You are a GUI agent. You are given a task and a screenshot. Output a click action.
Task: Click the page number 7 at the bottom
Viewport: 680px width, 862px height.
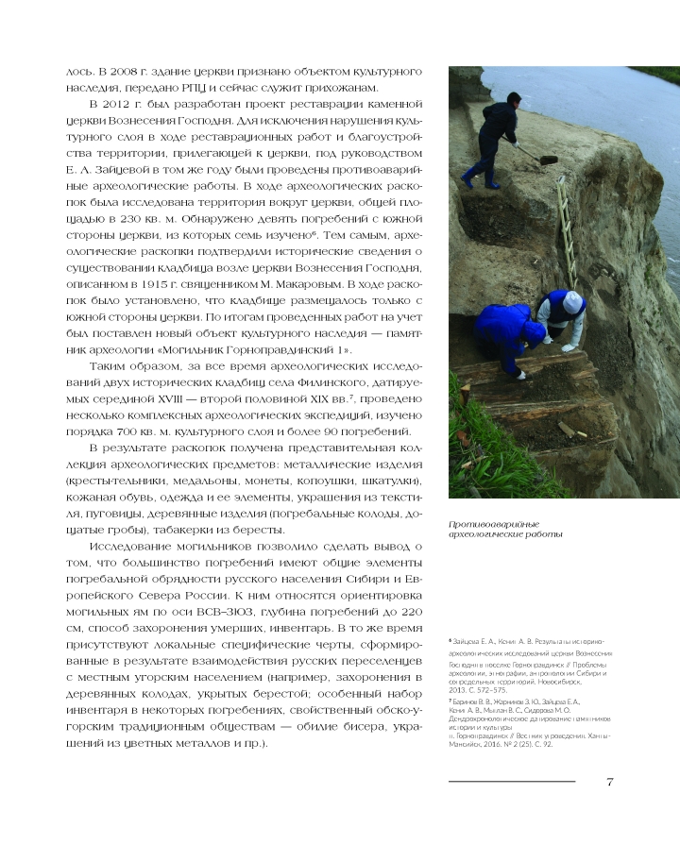[x=611, y=781]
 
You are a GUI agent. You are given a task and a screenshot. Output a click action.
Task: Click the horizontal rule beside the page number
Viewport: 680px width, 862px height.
[x=511, y=782]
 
